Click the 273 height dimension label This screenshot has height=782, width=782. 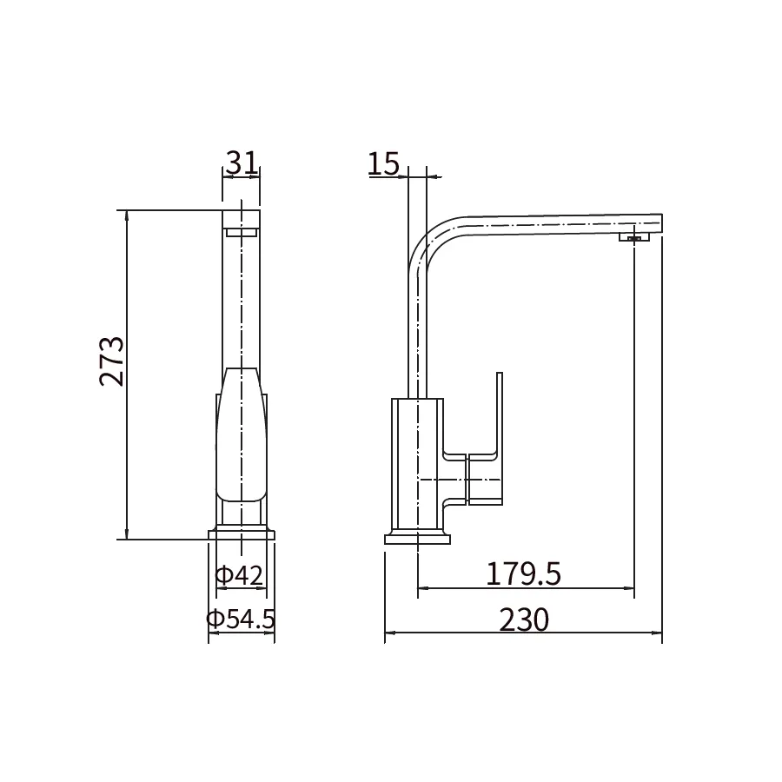(112, 361)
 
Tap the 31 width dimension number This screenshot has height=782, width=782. (242, 162)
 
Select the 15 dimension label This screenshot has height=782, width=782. (383, 163)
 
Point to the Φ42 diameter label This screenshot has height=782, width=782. (239, 575)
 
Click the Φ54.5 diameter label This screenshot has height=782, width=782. (241, 619)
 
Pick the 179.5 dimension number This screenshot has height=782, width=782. (523, 573)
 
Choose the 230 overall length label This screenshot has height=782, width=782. (524, 620)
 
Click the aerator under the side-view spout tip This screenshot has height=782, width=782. (634, 237)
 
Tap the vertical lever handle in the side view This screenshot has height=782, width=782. (500, 438)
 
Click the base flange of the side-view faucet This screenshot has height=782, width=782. (417, 539)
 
